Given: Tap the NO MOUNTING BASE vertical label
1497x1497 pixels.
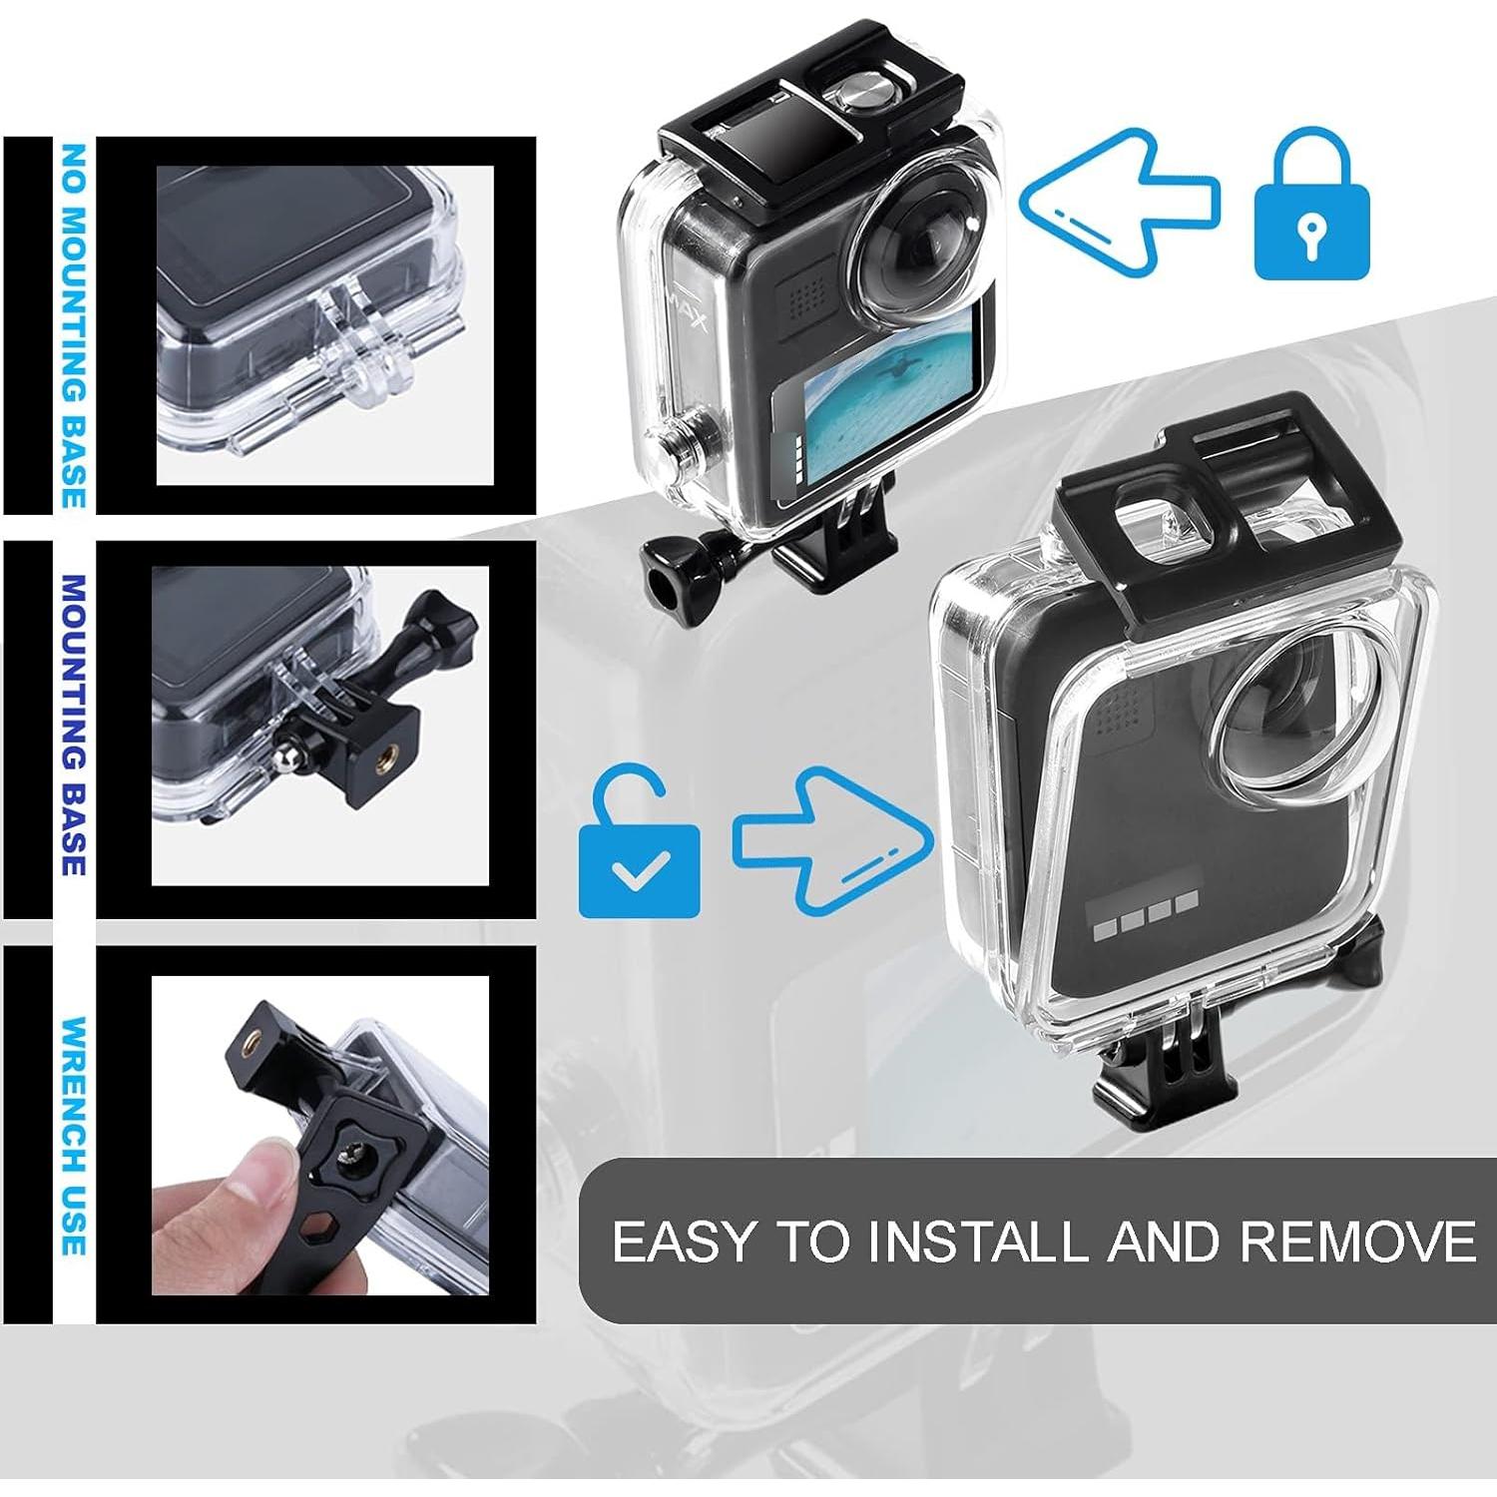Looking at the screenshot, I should pos(72,324).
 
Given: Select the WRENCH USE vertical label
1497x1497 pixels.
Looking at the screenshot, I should pos(72,1136).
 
